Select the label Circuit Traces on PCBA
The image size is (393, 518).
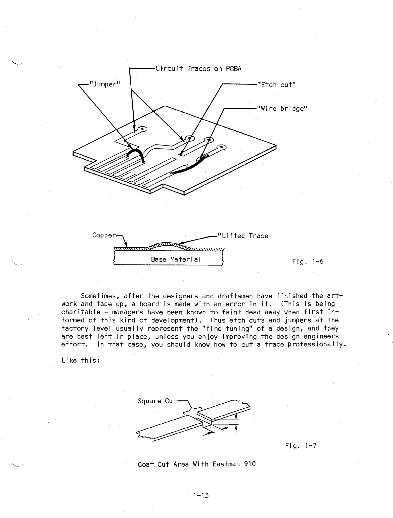coord(198,69)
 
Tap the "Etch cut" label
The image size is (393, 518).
coord(276,85)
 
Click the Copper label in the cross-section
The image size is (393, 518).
coord(104,235)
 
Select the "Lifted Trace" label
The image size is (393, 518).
coord(243,236)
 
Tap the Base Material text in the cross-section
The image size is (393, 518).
coord(175,259)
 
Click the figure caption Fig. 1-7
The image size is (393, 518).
coord(300,446)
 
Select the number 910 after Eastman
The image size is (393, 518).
coord(249,464)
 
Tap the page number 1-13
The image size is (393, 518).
coord(201,495)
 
